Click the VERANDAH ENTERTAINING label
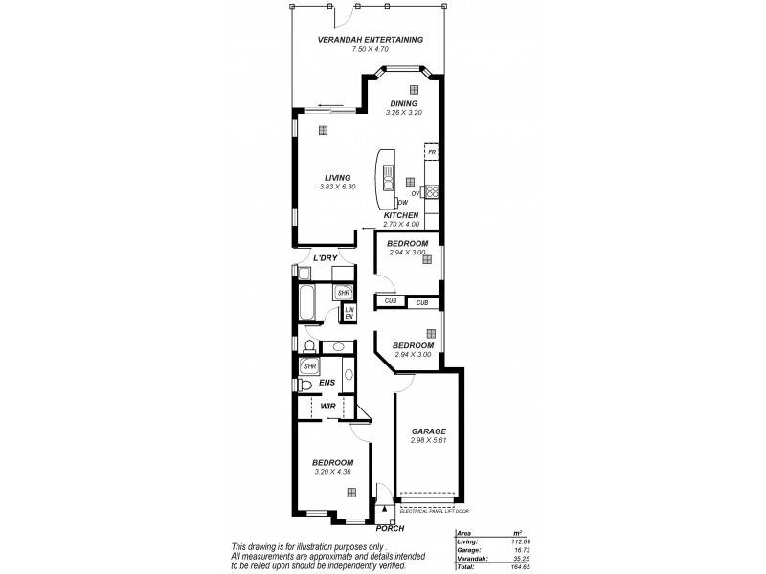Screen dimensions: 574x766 (372, 40)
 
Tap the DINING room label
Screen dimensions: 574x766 (403, 103)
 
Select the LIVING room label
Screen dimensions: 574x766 (336, 177)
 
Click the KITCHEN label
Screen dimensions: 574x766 (401, 216)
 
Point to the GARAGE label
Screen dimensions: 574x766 (428, 431)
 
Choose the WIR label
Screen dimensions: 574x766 (327, 407)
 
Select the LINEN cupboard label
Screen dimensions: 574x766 (349, 313)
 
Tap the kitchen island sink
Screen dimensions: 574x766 (390, 176)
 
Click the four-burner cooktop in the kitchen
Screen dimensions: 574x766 (432, 192)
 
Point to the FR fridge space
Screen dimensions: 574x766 (432, 152)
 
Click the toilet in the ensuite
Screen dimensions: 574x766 (304, 386)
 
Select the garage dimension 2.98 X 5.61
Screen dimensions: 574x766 (428, 441)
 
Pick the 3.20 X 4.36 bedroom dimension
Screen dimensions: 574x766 (332, 471)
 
